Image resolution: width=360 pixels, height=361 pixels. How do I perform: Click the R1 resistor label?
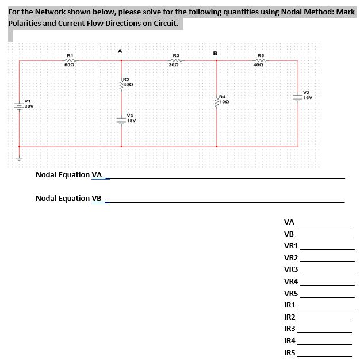pos(70,55)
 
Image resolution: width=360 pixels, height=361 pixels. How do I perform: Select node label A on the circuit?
pos(120,51)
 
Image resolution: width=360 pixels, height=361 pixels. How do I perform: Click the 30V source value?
pos(29,107)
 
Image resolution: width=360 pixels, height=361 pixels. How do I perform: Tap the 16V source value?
pos(308,98)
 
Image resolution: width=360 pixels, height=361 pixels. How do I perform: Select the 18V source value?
pos(131,121)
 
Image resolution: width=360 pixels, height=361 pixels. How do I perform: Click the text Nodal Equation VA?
pos(68,174)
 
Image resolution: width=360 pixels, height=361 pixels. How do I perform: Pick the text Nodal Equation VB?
pos(68,199)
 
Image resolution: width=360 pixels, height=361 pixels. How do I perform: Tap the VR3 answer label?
pos(290,269)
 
